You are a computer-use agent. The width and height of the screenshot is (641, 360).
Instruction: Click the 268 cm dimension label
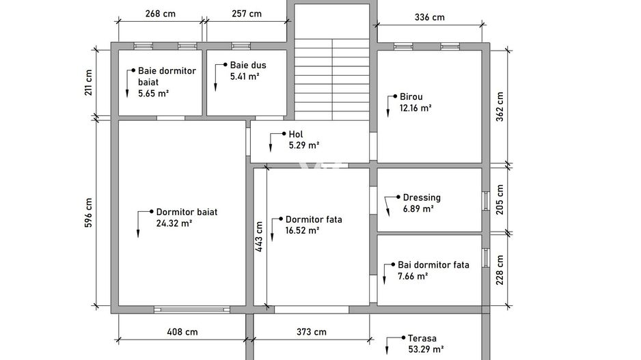click(160, 14)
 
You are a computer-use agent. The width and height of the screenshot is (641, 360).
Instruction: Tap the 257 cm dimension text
click(247, 14)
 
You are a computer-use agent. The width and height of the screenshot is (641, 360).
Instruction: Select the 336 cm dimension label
click(429, 17)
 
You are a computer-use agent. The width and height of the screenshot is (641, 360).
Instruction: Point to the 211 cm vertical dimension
click(88, 83)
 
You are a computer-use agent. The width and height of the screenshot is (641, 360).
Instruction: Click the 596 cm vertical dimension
click(88, 213)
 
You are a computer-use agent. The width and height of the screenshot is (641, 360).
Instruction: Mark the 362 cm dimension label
click(500, 107)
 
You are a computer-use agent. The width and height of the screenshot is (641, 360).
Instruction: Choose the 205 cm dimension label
click(500, 199)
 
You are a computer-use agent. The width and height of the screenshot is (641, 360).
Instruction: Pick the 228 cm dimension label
click(500, 270)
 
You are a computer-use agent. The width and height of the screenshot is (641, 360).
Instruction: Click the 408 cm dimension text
click(182, 332)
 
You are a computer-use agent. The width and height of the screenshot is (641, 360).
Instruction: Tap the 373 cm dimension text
click(312, 332)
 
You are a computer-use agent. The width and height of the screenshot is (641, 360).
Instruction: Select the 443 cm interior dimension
click(259, 236)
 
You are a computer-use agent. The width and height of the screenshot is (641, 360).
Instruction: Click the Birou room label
click(411, 97)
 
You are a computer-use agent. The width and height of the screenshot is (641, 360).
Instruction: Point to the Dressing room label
click(422, 198)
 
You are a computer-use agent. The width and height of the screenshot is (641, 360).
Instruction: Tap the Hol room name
click(296, 134)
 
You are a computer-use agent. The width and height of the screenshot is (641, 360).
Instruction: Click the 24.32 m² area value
click(174, 223)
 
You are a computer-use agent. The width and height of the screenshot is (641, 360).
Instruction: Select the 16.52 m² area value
click(302, 230)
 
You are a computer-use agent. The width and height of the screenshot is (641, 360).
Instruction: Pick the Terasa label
click(422, 338)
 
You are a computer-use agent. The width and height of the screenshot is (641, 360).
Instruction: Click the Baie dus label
click(248, 65)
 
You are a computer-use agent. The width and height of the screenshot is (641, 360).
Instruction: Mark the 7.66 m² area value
click(413, 276)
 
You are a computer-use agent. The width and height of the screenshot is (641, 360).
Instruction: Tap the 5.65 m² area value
click(153, 94)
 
